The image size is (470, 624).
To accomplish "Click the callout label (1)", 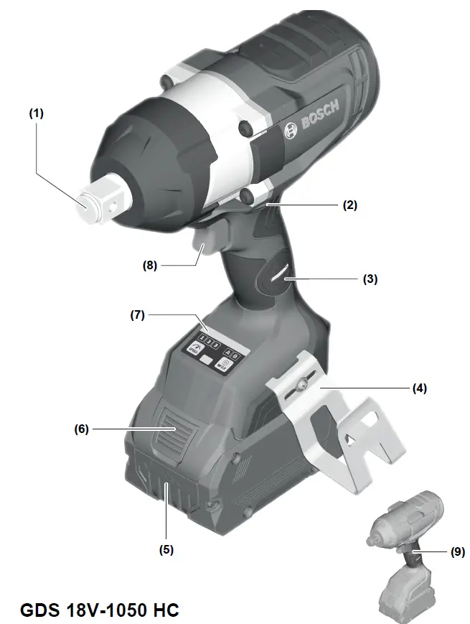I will pos(35,113).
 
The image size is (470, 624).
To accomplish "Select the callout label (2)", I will pos(349,205).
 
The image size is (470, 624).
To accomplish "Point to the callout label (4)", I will pos(419,388).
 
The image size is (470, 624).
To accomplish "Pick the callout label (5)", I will pos(166,550).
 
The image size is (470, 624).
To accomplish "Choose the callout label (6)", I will pos(81,429).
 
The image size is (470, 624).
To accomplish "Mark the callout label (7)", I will pos(137,315).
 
